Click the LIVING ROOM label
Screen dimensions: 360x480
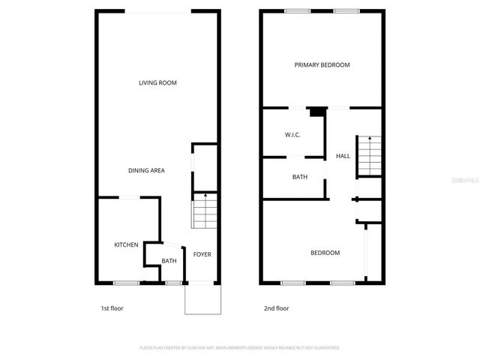tap(157, 82)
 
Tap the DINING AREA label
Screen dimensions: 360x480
tap(146, 170)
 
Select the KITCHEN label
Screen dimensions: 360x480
tap(126, 245)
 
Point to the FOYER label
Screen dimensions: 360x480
tap(202, 254)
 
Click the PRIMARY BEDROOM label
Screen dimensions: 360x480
tap(322, 65)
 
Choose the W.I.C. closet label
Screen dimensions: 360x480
tap(292, 135)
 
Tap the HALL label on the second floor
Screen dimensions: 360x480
tap(343, 156)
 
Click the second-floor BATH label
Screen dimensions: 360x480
tap(300, 178)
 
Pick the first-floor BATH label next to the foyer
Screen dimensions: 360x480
tap(169, 261)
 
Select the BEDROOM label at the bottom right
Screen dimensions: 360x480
tap(325, 253)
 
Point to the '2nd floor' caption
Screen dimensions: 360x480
tap(276, 308)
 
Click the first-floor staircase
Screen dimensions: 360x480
tap(204, 211)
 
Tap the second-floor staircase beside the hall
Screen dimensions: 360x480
tap(368, 156)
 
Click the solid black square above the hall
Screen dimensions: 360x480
tap(317, 112)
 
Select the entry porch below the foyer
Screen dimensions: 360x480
tap(203, 300)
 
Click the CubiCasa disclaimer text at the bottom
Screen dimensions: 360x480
tap(240, 348)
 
